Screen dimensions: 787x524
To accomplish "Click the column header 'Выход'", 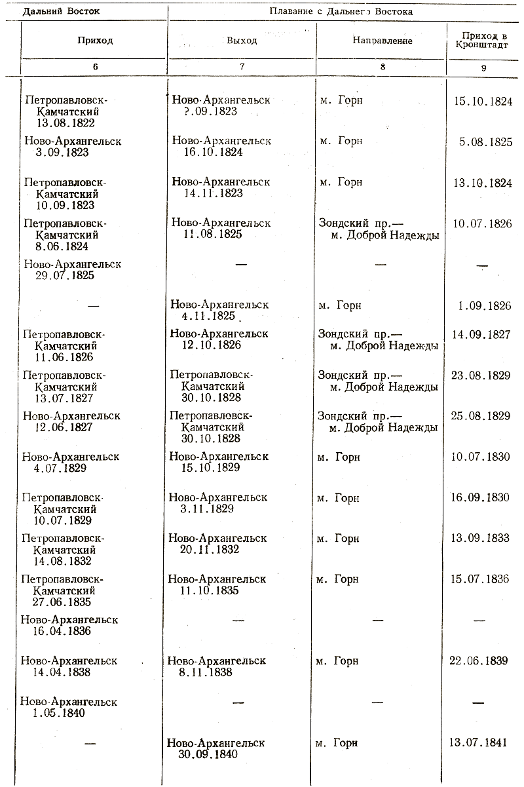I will click(x=242, y=41).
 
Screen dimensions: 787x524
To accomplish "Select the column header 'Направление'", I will click(x=383, y=41).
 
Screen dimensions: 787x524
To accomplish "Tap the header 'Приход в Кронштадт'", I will click(x=483, y=39).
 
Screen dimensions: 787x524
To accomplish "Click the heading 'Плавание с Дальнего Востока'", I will click(x=345, y=11).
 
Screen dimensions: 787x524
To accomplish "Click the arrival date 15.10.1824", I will click(x=483, y=101).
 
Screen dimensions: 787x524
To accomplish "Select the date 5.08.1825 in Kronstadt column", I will click(x=485, y=141).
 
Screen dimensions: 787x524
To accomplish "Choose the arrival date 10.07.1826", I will click(x=483, y=223).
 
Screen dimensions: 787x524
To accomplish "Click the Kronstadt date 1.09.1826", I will click(x=485, y=305).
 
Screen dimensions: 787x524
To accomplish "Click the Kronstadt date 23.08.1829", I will click(x=481, y=375).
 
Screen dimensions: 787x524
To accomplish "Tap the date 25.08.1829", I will click(x=481, y=416).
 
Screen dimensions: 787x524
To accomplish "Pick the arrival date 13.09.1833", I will click(x=480, y=539).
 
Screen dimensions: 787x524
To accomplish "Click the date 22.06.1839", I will click(x=479, y=661).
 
